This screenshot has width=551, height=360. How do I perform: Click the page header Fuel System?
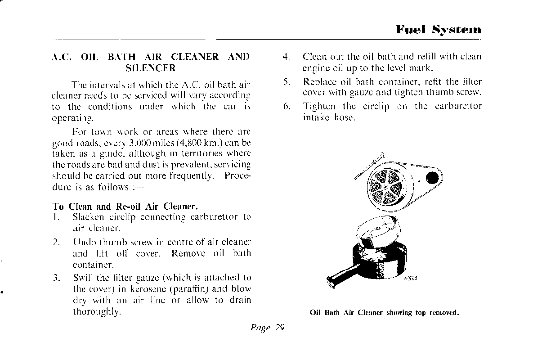pyautogui.click(x=438, y=30)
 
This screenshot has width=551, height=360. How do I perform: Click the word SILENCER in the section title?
pyautogui.click(x=150, y=68)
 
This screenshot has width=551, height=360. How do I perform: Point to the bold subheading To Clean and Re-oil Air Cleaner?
pyautogui.click(x=125, y=207)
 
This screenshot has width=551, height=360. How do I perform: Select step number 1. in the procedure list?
pyautogui.click(x=56, y=217)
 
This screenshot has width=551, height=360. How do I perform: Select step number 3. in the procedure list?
pyautogui.click(x=56, y=278)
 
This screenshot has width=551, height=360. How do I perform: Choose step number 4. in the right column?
pyautogui.click(x=286, y=57)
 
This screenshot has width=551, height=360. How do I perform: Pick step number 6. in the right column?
pyautogui.click(x=286, y=107)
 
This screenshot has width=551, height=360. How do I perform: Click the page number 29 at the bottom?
pyautogui.click(x=279, y=328)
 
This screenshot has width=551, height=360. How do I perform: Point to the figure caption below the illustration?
pyautogui.click(x=384, y=313)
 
